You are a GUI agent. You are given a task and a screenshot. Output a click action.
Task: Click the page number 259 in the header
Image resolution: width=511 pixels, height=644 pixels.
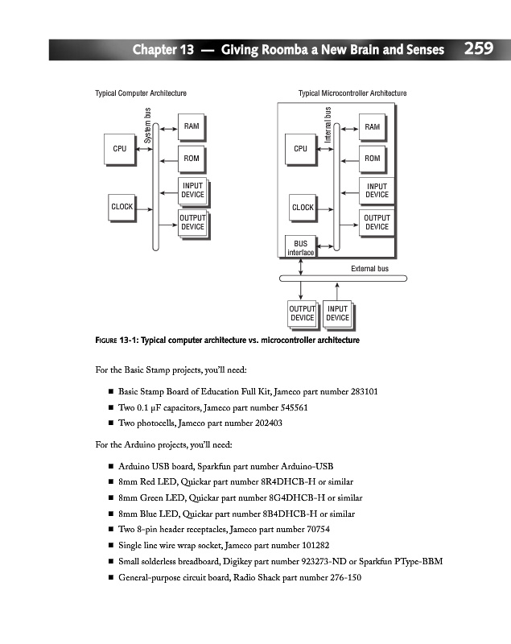point(478,49)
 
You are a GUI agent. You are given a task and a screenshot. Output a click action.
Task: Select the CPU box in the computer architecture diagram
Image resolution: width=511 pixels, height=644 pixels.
point(119,149)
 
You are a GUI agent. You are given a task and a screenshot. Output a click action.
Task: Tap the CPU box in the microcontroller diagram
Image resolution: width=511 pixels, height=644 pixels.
point(300,149)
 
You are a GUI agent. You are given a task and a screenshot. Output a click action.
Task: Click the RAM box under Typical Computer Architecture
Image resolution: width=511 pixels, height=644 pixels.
point(192,126)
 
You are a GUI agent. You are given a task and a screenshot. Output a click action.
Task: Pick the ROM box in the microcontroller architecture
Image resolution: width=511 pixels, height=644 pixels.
point(372,159)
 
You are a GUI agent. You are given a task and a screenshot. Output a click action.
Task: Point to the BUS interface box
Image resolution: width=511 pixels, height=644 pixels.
point(300,247)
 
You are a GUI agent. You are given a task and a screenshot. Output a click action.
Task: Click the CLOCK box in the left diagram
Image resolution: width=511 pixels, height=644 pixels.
point(122,207)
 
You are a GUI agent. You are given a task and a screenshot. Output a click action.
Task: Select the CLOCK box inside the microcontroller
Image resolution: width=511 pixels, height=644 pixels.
point(303,208)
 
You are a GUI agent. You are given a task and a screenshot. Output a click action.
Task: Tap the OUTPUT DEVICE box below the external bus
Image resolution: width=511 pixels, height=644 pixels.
point(302,313)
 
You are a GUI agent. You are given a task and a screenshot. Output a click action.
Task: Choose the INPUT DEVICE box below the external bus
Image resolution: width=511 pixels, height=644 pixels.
point(337,313)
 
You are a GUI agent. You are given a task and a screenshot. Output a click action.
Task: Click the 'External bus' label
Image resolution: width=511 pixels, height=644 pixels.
point(370,268)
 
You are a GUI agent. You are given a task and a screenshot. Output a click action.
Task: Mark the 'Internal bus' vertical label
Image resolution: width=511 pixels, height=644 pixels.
point(328,125)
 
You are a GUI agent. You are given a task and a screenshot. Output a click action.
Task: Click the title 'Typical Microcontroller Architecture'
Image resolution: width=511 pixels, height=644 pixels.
point(352,94)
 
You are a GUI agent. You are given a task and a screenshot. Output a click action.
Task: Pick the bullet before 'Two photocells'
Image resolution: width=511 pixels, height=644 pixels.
point(109,423)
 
